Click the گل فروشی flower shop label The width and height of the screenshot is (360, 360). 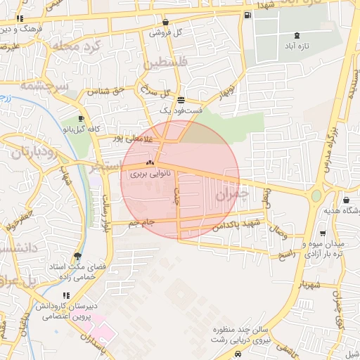pos(169,32)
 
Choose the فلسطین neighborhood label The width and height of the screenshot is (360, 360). pos(167,64)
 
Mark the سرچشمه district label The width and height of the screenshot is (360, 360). pos(44,86)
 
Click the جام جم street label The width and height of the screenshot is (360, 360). pos(141,222)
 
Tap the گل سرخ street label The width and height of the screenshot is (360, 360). pos(156,91)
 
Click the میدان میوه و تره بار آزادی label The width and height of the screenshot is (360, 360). pos(321,249)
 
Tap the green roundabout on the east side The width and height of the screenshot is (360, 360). pos(316,195)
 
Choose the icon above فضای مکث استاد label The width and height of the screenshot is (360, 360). pos(77,256)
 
